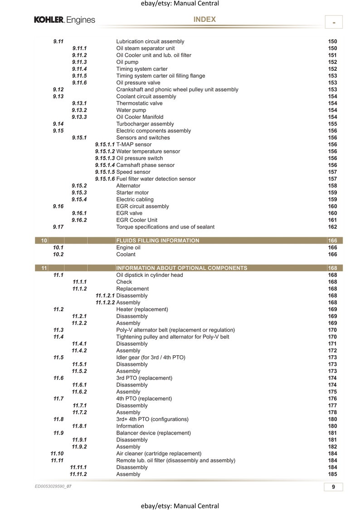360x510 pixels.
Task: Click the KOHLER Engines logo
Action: (64, 20)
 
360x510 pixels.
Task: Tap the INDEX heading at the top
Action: (204, 20)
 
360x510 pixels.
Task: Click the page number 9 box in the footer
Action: (333, 487)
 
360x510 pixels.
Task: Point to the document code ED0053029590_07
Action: (53, 486)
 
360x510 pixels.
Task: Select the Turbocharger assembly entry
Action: (145, 124)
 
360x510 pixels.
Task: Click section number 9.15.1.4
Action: (105, 165)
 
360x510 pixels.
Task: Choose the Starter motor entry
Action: (132, 192)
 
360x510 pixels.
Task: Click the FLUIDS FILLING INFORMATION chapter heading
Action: (157, 240)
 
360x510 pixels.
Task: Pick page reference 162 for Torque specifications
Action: (332, 227)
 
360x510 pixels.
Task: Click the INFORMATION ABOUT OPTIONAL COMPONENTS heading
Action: (181, 268)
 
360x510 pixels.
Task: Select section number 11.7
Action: (58, 398)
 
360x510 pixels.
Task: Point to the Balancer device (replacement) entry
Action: (153, 433)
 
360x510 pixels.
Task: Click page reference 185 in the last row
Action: (332, 474)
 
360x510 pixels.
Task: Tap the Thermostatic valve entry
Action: (139, 103)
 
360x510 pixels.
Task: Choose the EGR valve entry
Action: (129, 213)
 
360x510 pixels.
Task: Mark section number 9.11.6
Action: (79, 83)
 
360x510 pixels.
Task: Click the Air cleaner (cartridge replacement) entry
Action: (159, 453)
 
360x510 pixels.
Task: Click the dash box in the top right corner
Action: (334, 22)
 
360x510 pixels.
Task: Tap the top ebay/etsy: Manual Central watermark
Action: (180, 4)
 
